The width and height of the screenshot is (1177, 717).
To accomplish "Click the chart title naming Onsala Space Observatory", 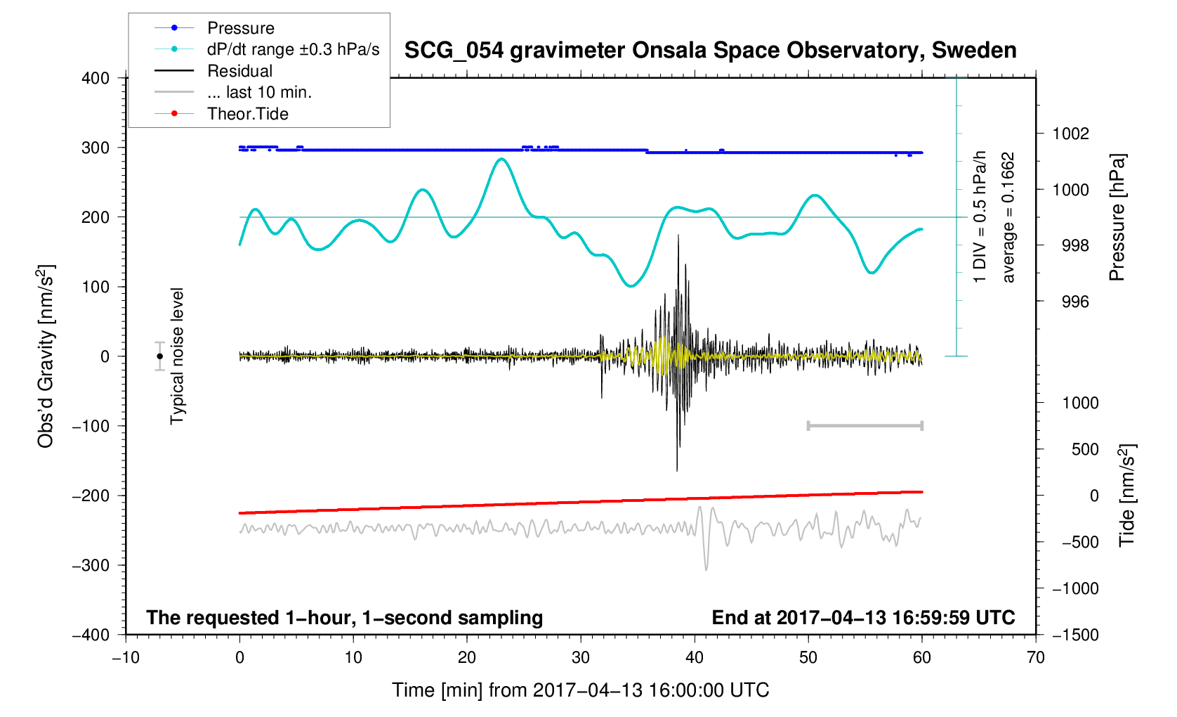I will (710, 51).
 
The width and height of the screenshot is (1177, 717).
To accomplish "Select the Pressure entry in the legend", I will (240, 28).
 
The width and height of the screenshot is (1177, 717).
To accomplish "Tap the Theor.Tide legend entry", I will (247, 114).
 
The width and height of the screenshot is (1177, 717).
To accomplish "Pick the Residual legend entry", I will (239, 71).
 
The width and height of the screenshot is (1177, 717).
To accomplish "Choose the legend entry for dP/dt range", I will (293, 49).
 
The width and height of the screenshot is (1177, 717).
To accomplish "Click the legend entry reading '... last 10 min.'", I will (259, 92).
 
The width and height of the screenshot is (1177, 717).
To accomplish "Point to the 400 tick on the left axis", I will (96, 78).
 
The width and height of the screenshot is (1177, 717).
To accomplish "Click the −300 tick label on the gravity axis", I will (91, 565).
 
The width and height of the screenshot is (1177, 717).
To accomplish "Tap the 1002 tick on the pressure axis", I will (1070, 134).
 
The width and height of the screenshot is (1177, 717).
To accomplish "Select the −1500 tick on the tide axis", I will (1074, 635).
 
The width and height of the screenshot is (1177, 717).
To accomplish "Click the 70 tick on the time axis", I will (1035, 658).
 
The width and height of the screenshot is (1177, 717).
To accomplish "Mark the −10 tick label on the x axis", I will (126, 658).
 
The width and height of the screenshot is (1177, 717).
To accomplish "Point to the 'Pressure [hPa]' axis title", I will (1117, 218).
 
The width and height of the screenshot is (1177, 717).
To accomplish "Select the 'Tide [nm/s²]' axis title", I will (1126, 495).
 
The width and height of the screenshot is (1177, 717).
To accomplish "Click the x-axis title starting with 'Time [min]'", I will (580, 690).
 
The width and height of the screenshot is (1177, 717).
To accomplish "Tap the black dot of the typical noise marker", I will (160, 356).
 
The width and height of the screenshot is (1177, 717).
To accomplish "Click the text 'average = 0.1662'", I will (1008, 218).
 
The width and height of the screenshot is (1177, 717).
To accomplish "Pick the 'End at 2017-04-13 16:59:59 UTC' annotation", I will (863, 618).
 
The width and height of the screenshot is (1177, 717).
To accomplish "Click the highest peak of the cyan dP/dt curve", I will (501, 159).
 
